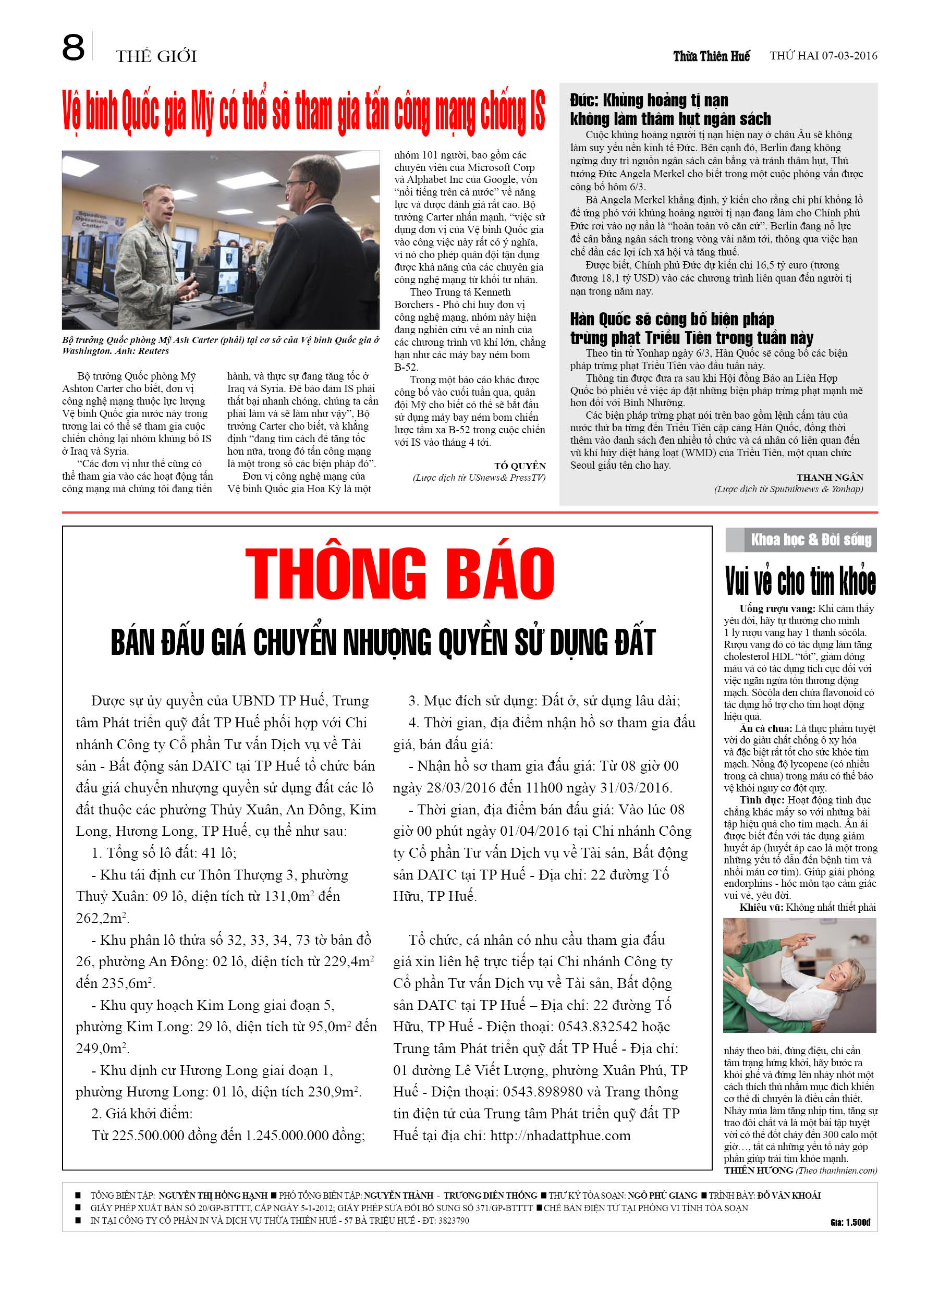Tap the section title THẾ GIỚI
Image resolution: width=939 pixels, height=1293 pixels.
(156, 56)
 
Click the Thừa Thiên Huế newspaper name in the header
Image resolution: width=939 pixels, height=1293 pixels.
(711, 56)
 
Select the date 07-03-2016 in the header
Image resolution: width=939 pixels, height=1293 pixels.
(849, 56)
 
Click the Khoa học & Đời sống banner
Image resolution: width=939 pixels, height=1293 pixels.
(810, 539)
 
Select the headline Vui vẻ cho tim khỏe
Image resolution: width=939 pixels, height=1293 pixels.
(800, 581)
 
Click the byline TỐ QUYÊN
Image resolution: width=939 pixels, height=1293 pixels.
(519, 466)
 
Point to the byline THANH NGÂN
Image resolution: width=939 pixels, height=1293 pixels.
(830, 477)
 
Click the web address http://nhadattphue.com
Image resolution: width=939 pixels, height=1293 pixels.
(560, 1135)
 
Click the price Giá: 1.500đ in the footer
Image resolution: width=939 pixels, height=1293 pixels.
(849, 1222)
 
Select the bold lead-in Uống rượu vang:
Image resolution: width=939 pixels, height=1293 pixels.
(777, 609)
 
